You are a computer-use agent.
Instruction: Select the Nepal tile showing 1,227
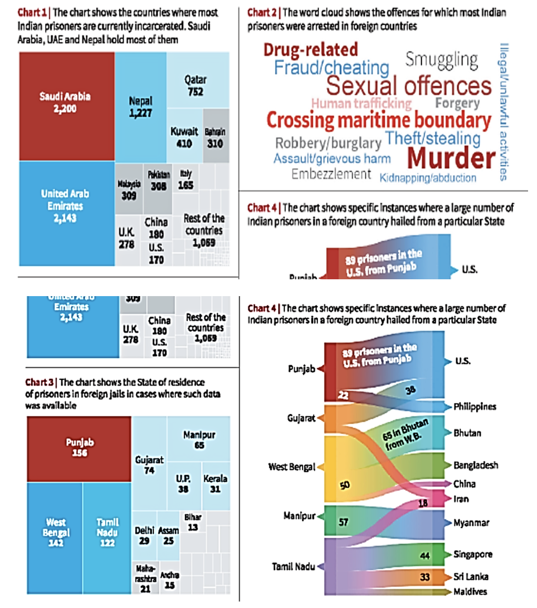(x=140, y=106)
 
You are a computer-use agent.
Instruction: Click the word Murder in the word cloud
(x=451, y=158)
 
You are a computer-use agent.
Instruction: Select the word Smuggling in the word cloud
(x=442, y=59)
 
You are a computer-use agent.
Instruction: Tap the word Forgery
(x=457, y=103)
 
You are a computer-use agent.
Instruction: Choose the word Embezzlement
(x=331, y=174)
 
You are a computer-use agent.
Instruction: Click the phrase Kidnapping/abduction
(x=427, y=178)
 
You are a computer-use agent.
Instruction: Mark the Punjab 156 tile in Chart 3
(x=80, y=448)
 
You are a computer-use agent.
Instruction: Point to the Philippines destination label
(x=475, y=407)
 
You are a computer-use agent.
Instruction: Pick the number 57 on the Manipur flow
(x=344, y=522)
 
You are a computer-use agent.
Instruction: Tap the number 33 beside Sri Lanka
(x=425, y=576)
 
